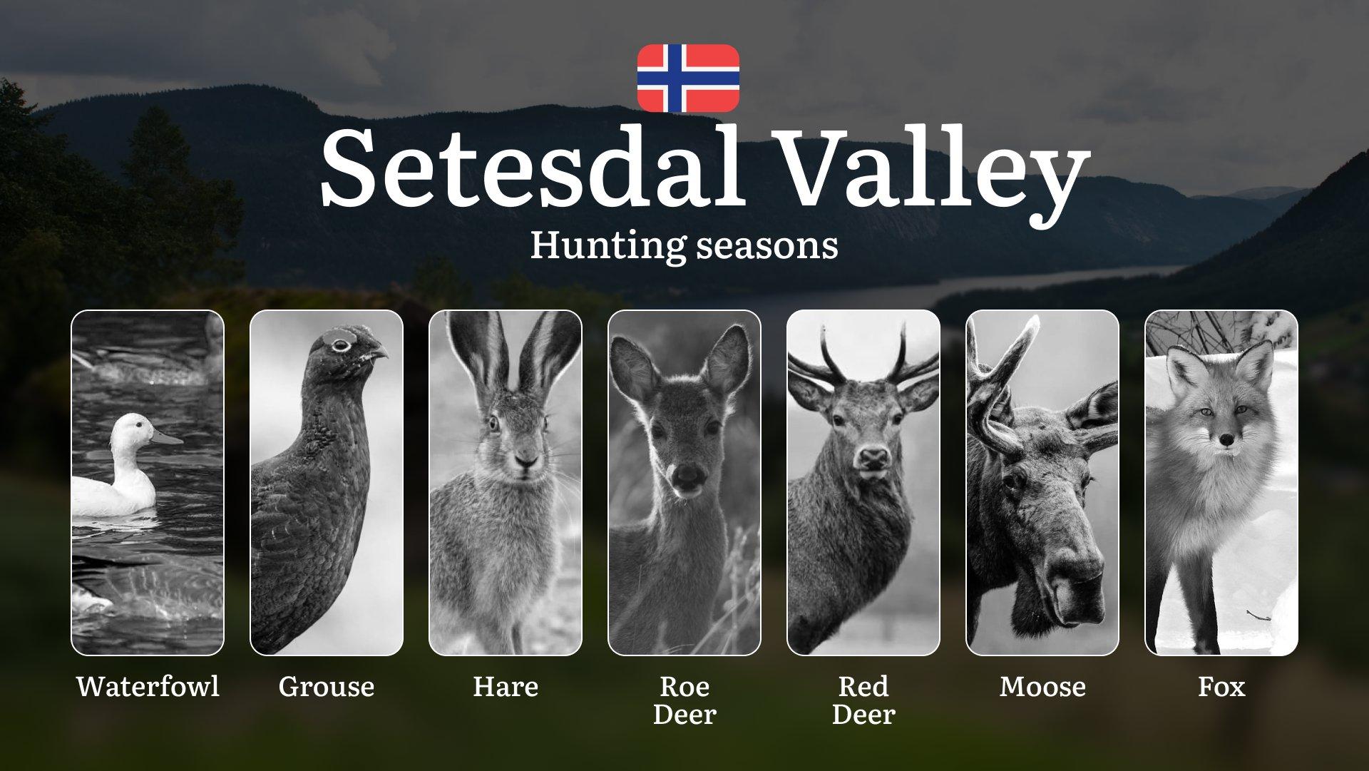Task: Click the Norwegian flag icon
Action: pos(688,78)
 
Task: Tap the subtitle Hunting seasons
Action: pos(684,245)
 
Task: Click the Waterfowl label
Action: pos(148,686)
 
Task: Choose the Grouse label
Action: pos(327,687)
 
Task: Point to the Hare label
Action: pos(506,686)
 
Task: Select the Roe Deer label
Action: pos(684,700)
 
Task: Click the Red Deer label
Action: pos(863,700)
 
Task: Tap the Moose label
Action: pos(1042,686)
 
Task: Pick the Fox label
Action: pos(1221,686)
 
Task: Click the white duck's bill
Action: pos(166,437)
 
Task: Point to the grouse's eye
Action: pos(341,346)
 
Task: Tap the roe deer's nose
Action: pos(687,476)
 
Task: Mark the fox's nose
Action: pos(1225,440)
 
